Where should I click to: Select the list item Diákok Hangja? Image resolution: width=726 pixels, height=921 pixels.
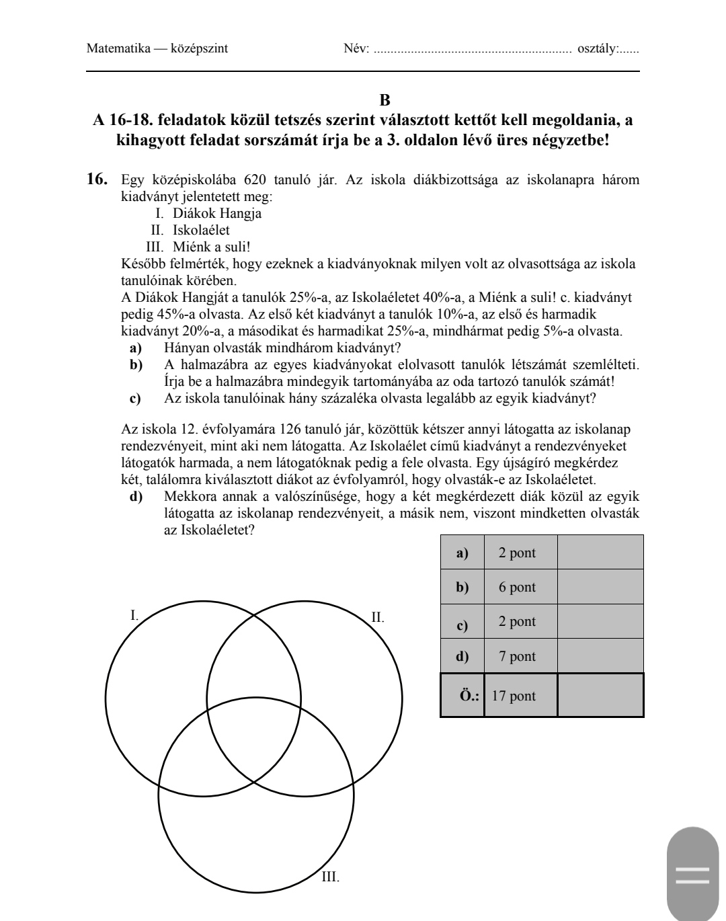(x=216, y=214)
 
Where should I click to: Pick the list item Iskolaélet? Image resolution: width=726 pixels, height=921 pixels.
(x=201, y=230)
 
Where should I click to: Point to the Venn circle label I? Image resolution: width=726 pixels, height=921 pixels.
(x=134, y=614)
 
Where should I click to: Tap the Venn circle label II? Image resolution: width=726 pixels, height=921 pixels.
(x=378, y=617)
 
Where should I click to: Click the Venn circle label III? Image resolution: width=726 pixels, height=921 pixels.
(x=330, y=877)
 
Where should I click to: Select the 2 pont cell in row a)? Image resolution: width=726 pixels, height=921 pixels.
(x=517, y=553)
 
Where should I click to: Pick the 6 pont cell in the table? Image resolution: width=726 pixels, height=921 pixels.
(x=517, y=587)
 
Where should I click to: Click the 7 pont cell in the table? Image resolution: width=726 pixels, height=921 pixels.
(x=517, y=656)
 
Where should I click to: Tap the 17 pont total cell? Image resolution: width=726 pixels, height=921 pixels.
(x=514, y=696)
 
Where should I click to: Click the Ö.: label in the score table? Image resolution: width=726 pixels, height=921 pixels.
(x=469, y=696)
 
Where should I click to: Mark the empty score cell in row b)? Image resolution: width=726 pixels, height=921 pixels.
(x=600, y=587)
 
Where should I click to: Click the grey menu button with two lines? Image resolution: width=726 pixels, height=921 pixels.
(x=692, y=874)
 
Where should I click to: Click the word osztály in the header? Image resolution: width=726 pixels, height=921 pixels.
(x=596, y=48)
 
